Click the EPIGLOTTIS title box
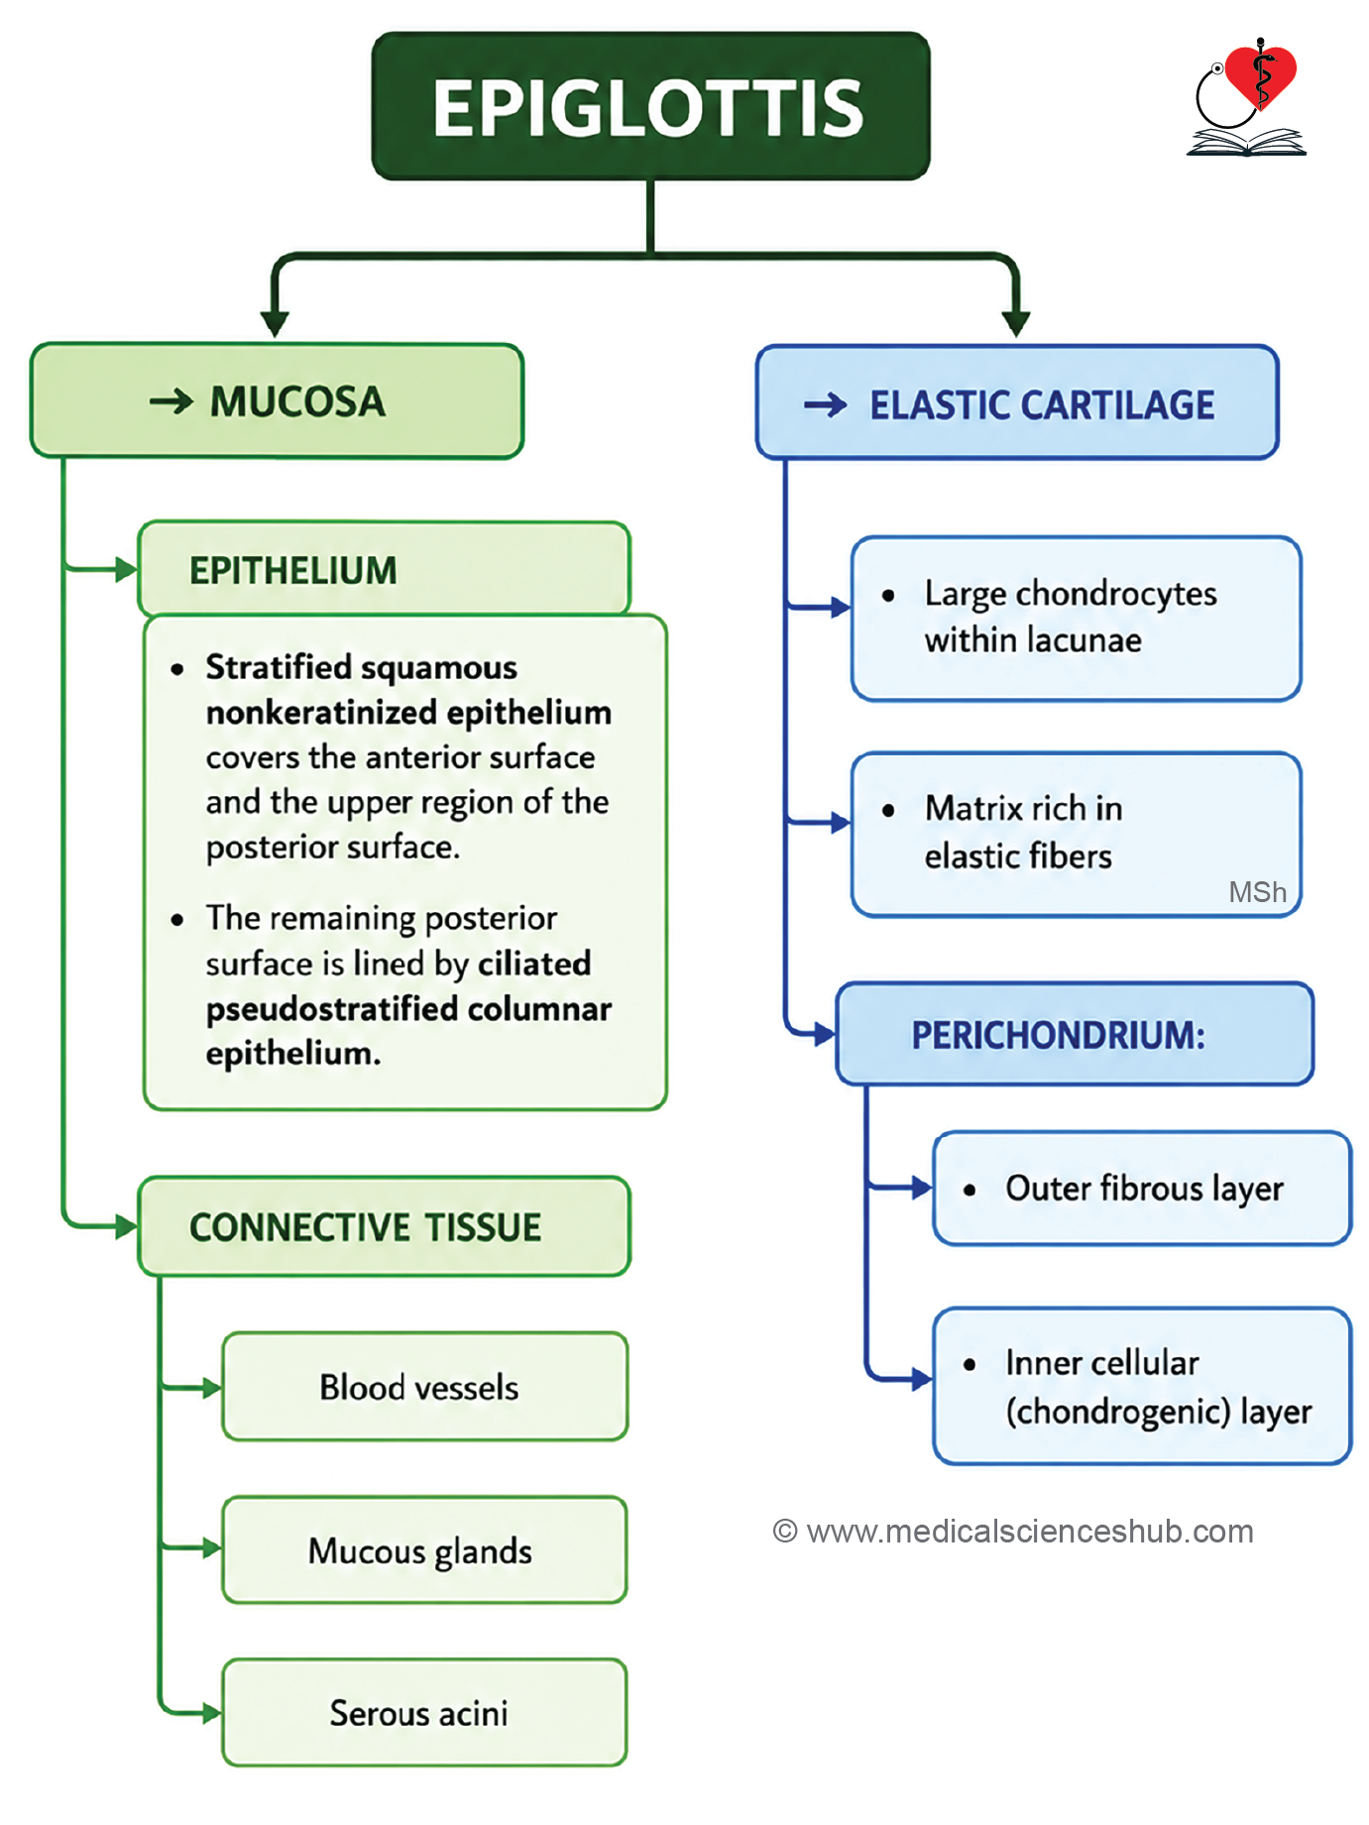[x=650, y=106]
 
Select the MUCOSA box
[x=277, y=401]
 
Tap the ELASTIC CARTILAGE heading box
[x=1017, y=402]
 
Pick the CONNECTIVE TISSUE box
[x=385, y=1226]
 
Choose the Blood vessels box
[x=425, y=1386]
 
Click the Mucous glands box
[x=425, y=1549]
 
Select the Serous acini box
[x=425, y=1712]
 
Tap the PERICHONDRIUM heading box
[x=1075, y=1034]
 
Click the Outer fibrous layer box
[x=1142, y=1188]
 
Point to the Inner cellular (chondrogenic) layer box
[x=1142, y=1386]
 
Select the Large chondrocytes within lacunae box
[x=1076, y=619]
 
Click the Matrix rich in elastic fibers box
[x=1076, y=834]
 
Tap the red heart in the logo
[x=1260, y=75]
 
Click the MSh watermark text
[x=1257, y=892]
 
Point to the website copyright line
[x=1013, y=1531]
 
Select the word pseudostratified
[x=331, y=1009]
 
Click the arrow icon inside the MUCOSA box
[x=171, y=401]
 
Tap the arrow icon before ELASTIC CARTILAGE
[x=825, y=404]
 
